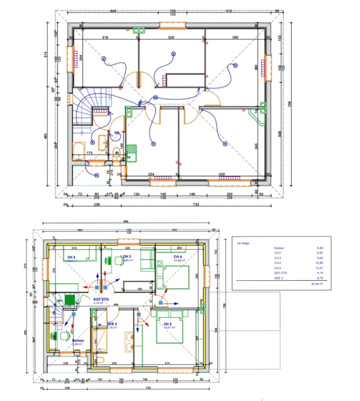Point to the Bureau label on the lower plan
[78, 340]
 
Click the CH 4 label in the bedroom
[177, 256]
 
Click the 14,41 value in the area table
[320, 267]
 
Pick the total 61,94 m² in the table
[320, 284]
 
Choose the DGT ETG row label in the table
[282, 273]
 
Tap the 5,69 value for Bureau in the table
[320, 248]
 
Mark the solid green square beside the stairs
[70, 299]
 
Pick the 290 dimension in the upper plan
[235, 37]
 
